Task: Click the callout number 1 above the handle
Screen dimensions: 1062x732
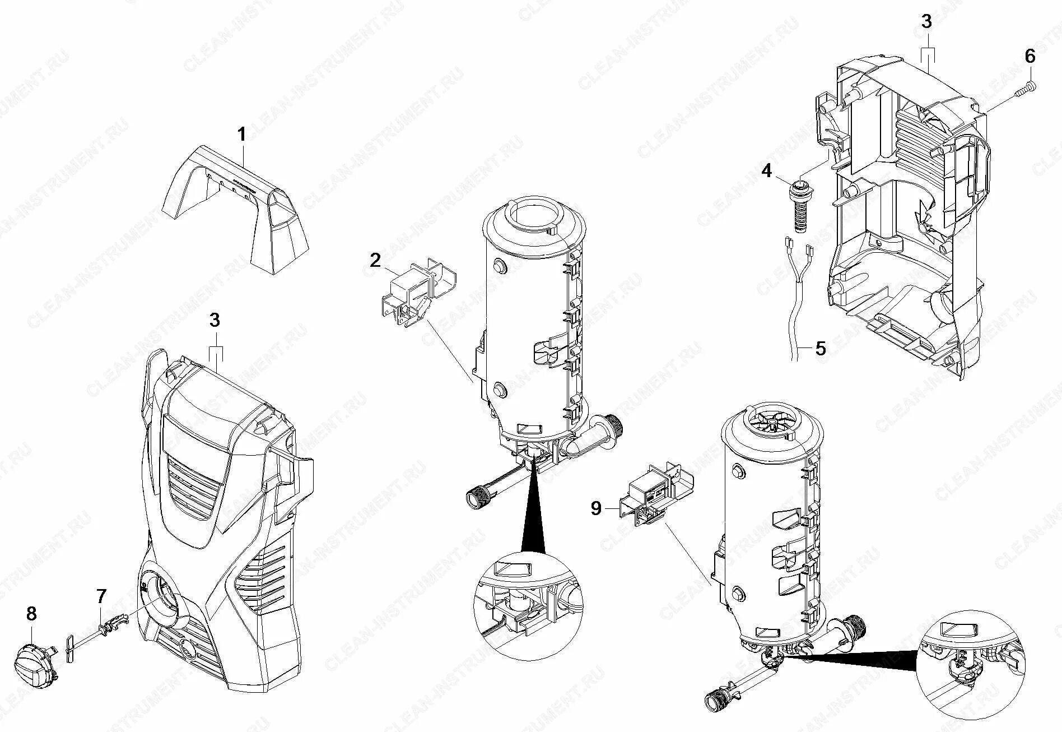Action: click(241, 135)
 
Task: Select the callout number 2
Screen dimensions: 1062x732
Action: click(375, 260)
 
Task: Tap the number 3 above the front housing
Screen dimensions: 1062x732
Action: click(215, 321)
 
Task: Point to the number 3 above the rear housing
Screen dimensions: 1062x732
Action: click(926, 22)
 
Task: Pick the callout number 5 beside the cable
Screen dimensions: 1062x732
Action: click(820, 349)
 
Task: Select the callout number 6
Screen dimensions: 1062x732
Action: click(1030, 56)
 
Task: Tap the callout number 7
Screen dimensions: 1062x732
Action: click(101, 596)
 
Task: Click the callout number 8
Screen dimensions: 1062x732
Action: click(31, 614)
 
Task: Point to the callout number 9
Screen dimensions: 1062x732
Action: click(595, 508)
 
